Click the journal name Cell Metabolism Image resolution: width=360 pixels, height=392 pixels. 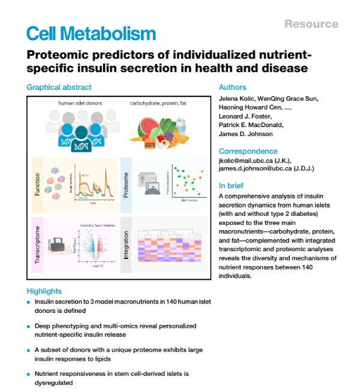91,33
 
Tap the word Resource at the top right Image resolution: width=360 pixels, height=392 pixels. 311,24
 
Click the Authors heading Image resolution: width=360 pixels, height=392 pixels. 232,87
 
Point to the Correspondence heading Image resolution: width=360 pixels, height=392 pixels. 248,151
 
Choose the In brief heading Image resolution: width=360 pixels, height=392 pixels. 232,185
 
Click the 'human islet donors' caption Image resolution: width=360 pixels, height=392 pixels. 79,103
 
